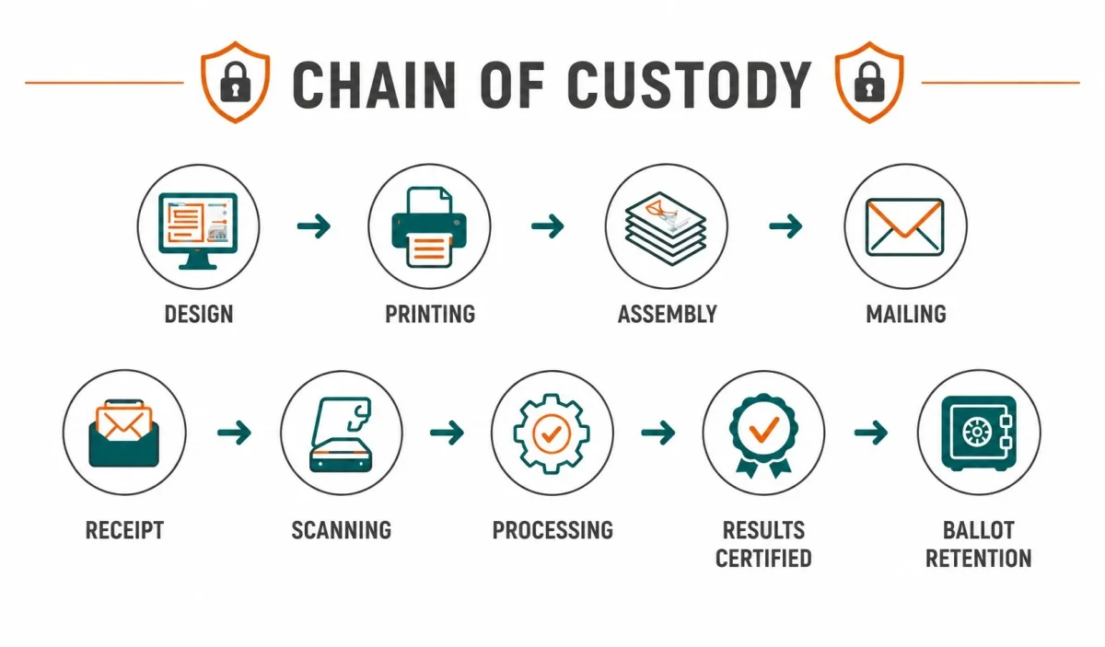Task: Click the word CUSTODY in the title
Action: pos(689,86)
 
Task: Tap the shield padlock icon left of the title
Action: pos(236,82)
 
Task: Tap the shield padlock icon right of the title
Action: pos(869,82)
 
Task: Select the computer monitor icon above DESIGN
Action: pos(198,231)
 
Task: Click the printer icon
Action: pos(429,226)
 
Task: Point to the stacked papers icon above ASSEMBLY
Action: pos(666,228)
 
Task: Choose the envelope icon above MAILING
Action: pos(905,226)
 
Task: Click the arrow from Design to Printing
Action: pos(314,226)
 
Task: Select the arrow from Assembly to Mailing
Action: pos(785,226)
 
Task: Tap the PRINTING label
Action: pos(430,314)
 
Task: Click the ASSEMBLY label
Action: pos(668,314)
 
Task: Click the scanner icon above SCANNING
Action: pos(342,434)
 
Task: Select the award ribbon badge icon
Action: pos(764,435)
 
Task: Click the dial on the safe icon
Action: pos(977,433)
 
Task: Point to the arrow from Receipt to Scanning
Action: pos(234,433)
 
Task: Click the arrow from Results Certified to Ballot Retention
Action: pos(871,433)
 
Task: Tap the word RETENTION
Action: pos(979,559)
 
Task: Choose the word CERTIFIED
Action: pos(763,559)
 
